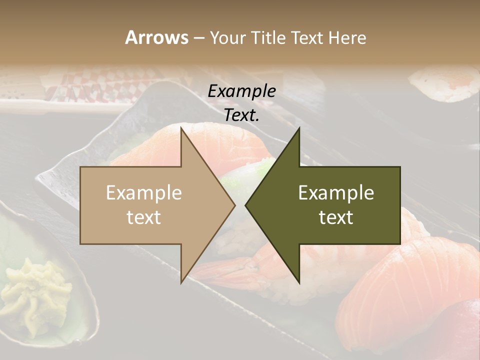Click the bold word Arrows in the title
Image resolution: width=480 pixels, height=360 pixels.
pyautogui.click(x=156, y=37)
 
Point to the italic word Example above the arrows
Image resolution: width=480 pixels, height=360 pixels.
pyautogui.click(x=241, y=91)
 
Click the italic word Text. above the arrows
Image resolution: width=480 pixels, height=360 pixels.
pyautogui.click(x=241, y=115)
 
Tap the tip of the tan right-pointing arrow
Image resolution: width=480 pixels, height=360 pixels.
pyautogui.click(x=233, y=205)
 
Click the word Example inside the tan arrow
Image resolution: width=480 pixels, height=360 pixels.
pyautogui.click(x=144, y=192)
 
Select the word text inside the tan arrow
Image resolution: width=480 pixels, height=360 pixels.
pyautogui.click(x=144, y=217)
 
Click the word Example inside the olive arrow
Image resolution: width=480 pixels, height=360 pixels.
pyautogui.click(x=336, y=192)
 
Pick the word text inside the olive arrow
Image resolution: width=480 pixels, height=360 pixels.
pyautogui.click(x=336, y=217)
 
